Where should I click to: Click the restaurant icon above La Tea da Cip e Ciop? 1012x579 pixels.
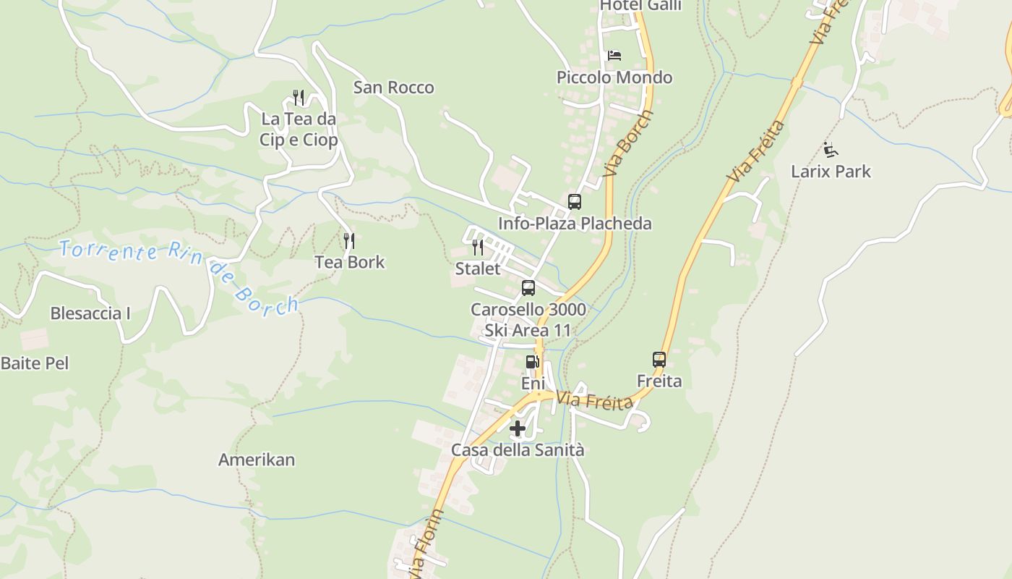click(298, 96)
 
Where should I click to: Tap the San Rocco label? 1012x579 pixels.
click(393, 88)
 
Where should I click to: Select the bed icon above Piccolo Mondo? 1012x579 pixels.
click(614, 55)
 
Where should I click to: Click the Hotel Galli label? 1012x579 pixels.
click(640, 6)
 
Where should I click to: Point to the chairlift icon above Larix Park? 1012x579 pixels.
click(831, 151)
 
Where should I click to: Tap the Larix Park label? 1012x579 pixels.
click(831, 172)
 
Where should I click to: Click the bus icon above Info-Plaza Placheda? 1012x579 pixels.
click(575, 202)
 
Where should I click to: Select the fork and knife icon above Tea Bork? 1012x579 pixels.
click(349, 241)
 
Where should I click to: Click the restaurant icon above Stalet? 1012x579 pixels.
click(477, 248)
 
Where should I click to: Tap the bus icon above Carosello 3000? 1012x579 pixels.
click(528, 288)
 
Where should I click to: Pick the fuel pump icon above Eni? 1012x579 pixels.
click(532, 362)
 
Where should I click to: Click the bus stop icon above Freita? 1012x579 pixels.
click(659, 359)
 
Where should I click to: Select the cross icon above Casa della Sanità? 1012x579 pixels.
click(518, 428)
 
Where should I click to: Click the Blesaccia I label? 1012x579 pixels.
click(90, 313)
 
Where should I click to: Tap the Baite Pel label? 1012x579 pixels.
click(35, 363)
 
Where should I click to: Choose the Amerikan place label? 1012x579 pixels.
click(257, 460)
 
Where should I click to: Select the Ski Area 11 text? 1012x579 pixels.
click(528, 331)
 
